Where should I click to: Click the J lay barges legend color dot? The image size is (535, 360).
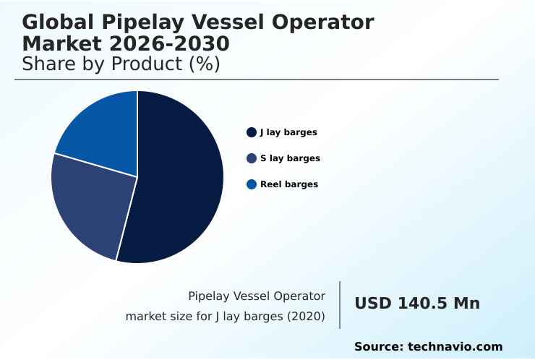(x=252, y=132)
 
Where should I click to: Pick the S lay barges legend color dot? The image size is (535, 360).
(x=252, y=158)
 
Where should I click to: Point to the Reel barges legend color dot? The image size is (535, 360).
(x=252, y=184)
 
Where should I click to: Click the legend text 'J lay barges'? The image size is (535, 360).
(x=288, y=132)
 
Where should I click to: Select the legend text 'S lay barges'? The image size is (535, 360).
(x=290, y=158)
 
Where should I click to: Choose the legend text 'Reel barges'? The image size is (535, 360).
(x=289, y=184)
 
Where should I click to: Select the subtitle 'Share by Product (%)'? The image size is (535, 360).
(x=121, y=64)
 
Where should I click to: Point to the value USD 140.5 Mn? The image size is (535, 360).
(x=417, y=304)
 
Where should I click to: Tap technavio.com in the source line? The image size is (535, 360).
(x=455, y=347)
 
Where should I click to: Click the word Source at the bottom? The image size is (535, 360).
(x=377, y=347)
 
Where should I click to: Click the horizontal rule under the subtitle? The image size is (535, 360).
(x=257, y=80)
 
